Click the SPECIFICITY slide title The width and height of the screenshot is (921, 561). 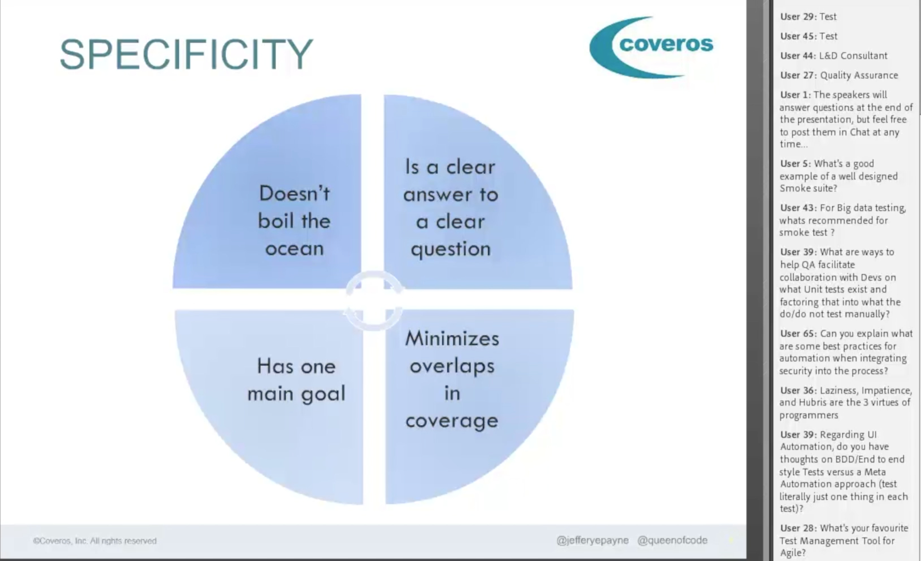click(186, 54)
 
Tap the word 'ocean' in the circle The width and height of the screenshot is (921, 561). click(295, 249)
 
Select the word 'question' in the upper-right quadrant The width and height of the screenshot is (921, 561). click(451, 250)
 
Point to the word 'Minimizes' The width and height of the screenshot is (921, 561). click(452, 339)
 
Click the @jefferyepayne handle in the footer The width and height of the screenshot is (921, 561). click(592, 540)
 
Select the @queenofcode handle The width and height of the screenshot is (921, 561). click(672, 540)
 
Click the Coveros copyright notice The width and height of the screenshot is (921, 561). click(95, 541)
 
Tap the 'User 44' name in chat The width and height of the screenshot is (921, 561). click(797, 56)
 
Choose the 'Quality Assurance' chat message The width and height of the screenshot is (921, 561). click(859, 75)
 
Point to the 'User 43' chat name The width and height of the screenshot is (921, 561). click(797, 208)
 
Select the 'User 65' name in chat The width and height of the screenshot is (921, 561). click(797, 334)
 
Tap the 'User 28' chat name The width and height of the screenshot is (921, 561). click(797, 528)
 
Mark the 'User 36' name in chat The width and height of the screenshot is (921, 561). click(797, 391)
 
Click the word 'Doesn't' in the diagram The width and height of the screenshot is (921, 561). click(295, 193)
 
